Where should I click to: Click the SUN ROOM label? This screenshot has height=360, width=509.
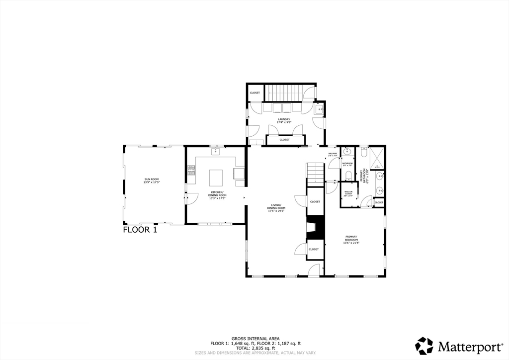(152, 180)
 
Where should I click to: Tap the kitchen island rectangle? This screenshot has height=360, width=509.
(216, 177)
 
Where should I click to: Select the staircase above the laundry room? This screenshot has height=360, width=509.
(283, 92)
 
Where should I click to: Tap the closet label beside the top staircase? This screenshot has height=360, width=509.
(254, 93)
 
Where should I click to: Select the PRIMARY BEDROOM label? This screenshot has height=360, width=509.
(351, 240)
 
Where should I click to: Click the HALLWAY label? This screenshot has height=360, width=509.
(333, 155)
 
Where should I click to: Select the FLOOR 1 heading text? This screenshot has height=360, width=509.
(140, 230)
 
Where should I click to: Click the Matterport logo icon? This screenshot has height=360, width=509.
(424, 346)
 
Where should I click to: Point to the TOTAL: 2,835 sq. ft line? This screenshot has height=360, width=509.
(255, 348)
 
